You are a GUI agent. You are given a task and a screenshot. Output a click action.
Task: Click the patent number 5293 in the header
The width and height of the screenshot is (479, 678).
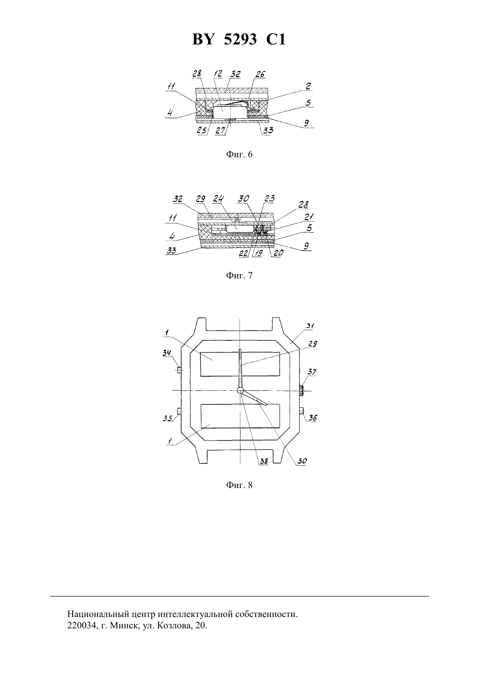[x=240, y=39]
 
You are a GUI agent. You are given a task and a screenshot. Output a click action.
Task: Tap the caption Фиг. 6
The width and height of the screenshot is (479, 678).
[x=239, y=154]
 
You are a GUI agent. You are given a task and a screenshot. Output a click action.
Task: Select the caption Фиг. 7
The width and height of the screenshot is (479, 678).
[x=239, y=275]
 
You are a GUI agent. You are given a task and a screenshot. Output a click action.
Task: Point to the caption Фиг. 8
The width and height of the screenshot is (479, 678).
[x=239, y=485]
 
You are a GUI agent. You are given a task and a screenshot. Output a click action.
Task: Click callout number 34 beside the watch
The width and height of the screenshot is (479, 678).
[x=167, y=353]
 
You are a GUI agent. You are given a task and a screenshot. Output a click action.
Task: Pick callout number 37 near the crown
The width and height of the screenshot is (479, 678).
[x=312, y=372]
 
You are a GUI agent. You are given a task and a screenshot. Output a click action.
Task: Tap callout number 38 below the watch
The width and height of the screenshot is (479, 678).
[x=264, y=461]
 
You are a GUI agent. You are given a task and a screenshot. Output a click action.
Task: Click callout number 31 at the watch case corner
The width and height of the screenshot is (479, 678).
[x=310, y=326]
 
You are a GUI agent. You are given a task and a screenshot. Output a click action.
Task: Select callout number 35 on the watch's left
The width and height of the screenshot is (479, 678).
[x=167, y=418]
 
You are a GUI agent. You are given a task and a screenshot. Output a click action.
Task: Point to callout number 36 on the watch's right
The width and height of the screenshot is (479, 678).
[x=313, y=418]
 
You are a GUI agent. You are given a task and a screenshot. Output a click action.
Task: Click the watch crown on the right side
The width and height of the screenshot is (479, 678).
[x=301, y=390]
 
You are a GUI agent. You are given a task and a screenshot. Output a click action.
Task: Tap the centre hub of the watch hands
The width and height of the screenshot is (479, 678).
[x=240, y=391]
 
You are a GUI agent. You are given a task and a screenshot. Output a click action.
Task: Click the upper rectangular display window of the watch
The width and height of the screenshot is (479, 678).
[x=240, y=364]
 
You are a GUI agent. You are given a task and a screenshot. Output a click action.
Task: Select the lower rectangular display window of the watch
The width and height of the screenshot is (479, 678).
[x=240, y=416]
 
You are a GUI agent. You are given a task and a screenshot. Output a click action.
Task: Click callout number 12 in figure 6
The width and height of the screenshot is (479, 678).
[x=217, y=74]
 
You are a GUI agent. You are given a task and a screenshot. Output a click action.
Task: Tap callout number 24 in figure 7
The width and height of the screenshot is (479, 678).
[x=218, y=199]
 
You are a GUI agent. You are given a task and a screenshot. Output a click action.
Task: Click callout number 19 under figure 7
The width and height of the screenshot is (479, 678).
[x=258, y=253]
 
